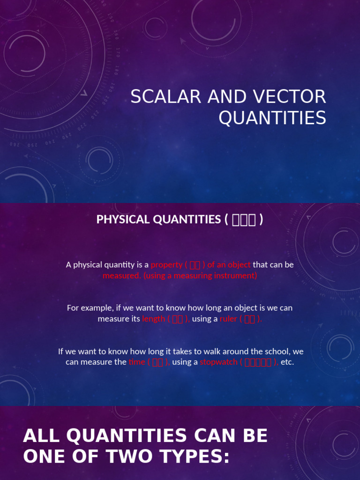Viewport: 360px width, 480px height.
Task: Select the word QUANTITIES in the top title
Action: [x=272, y=118]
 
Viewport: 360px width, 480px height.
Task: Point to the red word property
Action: [x=166, y=265]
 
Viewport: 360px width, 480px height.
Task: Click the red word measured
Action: [x=121, y=276]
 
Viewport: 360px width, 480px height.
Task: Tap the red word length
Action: [x=153, y=319]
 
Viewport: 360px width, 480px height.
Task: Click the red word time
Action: [x=137, y=362]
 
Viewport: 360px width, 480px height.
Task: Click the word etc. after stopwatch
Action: [x=287, y=362]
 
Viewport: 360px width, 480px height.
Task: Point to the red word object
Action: [x=239, y=265]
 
